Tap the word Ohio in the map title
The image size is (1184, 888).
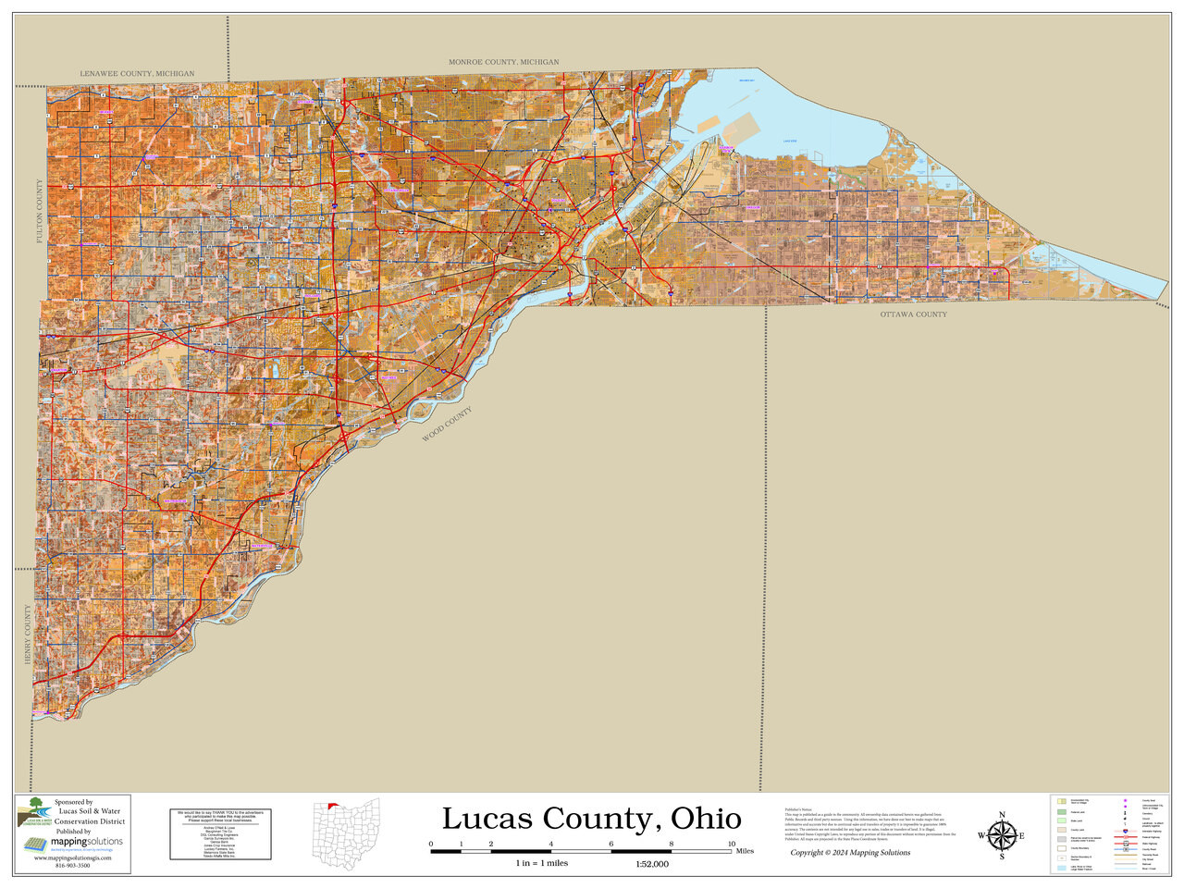[706, 819]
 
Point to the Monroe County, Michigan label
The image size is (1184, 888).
[503, 62]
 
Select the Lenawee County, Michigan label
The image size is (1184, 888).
[137, 73]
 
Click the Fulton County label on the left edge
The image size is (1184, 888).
[40, 212]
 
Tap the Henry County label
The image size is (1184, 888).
[28, 635]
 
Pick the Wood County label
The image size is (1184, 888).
[447, 424]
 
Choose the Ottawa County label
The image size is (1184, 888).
[913, 314]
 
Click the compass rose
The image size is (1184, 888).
[1001, 835]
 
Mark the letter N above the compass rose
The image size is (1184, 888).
[1001, 814]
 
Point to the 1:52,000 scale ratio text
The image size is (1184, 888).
[651, 864]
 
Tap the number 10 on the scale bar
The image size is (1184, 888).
[732, 845]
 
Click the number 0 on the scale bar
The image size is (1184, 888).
[431, 845]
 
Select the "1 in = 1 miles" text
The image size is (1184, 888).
[542, 863]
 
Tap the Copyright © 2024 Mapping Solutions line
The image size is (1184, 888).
[849, 853]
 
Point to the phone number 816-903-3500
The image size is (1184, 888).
[72, 866]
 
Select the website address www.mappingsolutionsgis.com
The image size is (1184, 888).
[72, 858]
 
